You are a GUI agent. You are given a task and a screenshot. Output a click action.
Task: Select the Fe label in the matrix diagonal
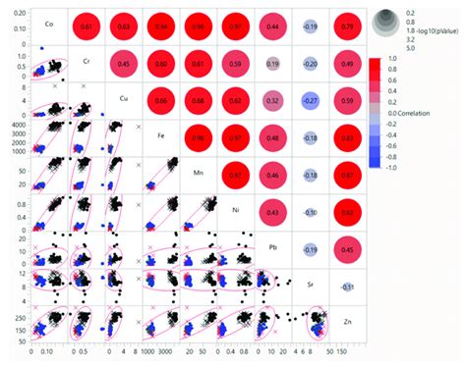[161, 131]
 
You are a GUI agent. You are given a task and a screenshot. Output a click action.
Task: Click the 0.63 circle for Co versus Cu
[123, 27]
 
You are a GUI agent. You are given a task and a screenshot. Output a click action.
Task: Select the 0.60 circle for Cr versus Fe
[161, 63]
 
